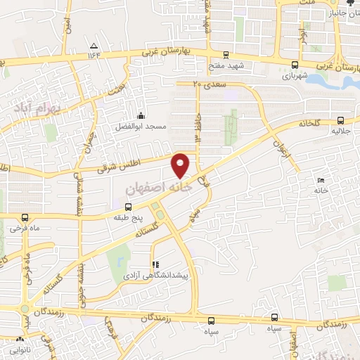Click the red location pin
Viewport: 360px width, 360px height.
181,164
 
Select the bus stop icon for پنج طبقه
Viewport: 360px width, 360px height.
128,207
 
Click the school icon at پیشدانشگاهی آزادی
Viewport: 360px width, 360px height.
155,265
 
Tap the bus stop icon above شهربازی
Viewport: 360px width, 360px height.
292,67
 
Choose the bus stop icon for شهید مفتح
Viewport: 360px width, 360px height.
225,54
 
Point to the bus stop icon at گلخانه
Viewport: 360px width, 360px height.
341,120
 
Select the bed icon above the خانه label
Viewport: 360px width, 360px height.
321,180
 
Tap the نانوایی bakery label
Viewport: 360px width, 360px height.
20,349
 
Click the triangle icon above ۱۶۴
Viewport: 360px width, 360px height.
94,44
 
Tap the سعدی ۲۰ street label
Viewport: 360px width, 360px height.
207,84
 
